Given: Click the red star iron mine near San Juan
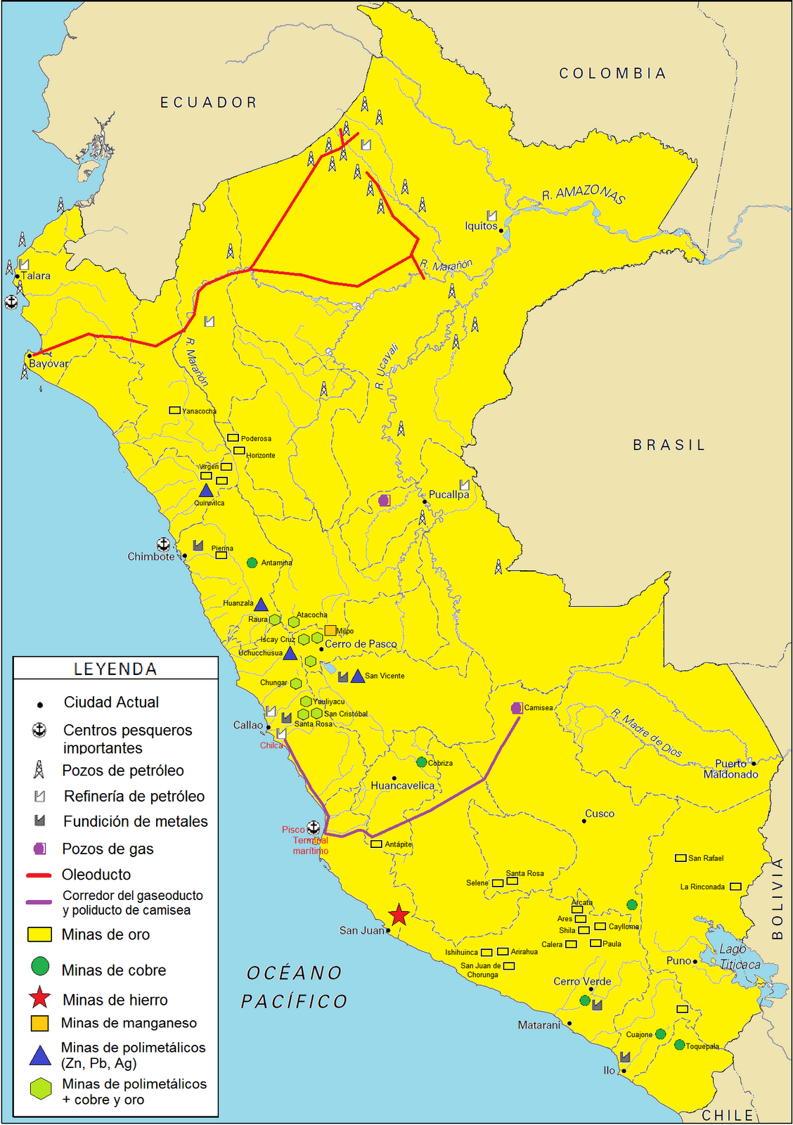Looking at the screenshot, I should coord(399,915).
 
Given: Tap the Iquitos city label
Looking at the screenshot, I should coord(481,226).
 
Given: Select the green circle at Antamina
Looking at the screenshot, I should coord(252,562).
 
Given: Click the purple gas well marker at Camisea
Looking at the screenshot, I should coord(517,708).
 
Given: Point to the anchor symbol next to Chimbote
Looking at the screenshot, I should coord(163,544).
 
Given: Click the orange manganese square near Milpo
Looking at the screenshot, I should coord(330,630).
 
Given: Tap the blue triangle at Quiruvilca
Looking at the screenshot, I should coord(206,490).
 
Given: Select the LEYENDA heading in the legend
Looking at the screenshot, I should coord(115,669).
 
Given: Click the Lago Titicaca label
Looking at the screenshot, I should coord(738,957).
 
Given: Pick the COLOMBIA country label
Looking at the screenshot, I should coord(612,73).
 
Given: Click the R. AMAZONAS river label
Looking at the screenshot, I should coord(584,193).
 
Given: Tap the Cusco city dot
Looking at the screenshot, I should coord(584,821).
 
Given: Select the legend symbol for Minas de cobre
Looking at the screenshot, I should coord(41,966).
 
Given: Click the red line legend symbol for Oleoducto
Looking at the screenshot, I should coord(39,875).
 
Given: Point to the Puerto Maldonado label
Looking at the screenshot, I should coord(731,769).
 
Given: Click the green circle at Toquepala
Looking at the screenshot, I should coord(679,1045).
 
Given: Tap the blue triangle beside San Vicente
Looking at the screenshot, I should coord(357,676).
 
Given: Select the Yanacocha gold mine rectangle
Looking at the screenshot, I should coord(174,410).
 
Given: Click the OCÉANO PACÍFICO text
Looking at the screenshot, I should coord(294,987).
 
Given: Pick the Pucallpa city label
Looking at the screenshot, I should coord(449,494).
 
